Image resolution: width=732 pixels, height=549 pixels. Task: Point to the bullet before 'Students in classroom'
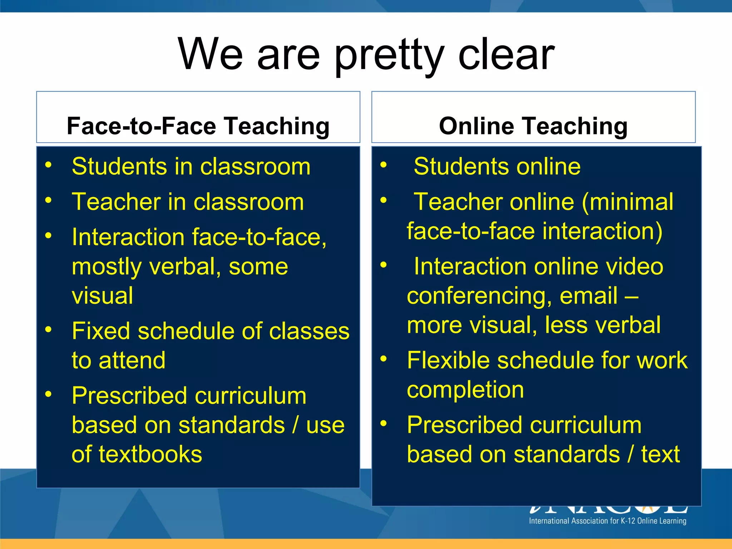(49, 164)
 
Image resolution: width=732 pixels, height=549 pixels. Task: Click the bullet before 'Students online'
(384, 164)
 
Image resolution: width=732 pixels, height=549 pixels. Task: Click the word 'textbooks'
(150, 454)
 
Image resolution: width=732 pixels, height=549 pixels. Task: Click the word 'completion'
(465, 390)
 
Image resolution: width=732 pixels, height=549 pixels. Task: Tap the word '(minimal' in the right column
(628, 202)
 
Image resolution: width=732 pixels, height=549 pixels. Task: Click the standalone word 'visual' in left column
(103, 296)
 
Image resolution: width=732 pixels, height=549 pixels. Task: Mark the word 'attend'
(132, 360)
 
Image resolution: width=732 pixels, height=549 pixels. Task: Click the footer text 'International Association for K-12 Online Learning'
(608, 521)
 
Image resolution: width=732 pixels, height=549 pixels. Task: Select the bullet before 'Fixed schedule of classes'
(49, 329)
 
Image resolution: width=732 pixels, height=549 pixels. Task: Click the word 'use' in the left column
(325, 425)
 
